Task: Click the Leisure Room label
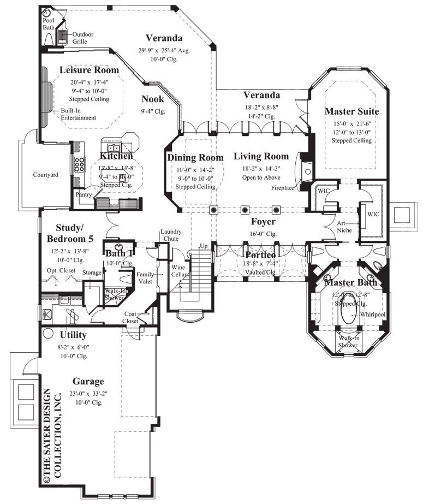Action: pos(89,70)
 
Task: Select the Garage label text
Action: pos(88,381)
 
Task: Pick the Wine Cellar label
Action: pos(178,271)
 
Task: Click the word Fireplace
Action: pos(283,188)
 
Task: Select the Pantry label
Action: pos(84,194)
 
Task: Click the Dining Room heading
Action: pos(195,158)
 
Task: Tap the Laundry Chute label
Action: pos(171,235)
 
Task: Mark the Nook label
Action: pos(152,99)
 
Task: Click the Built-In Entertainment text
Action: pos(78,114)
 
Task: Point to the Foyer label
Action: pos(263,222)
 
